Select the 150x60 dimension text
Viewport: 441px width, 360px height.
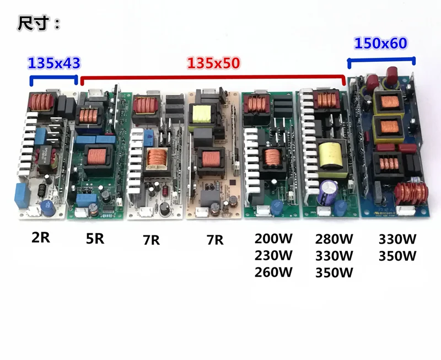click(x=381, y=43)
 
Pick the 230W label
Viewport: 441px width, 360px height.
click(x=275, y=256)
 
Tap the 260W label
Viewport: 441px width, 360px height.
click(x=275, y=272)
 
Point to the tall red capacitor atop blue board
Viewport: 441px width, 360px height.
click(x=393, y=74)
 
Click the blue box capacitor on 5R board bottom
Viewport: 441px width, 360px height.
click(x=86, y=198)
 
